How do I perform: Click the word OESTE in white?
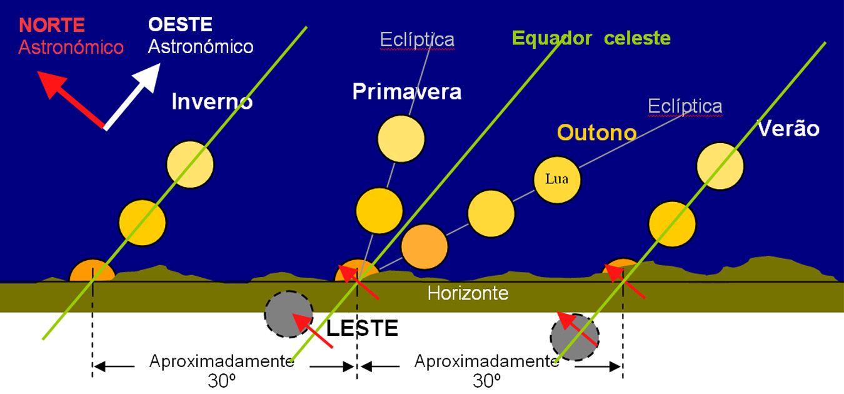pyautogui.click(x=180, y=25)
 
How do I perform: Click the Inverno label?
pyautogui.click(x=212, y=102)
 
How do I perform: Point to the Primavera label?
pyautogui.click(x=407, y=92)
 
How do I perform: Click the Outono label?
pyautogui.click(x=596, y=133)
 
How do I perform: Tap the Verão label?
pyautogui.click(x=788, y=129)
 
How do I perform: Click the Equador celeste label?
pyautogui.click(x=591, y=39)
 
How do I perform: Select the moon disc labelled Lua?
pyautogui.click(x=557, y=179)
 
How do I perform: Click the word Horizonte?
pyautogui.click(x=468, y=293)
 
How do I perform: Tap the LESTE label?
pyautogui.click(x=363, y=328)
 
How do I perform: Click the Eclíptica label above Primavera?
pyautogui.click(x=417, y=40)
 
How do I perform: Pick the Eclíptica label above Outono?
pyautogui.click(x=685, y=106)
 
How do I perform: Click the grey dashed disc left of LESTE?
pyautogui.click(x=288, y=315)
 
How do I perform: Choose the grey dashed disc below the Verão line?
pyautogui.click(x=574, y=338)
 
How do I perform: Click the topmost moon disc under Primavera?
pyautogui.click(x=401, y=139)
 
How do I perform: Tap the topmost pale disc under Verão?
pyautogui.click(x=720, y=166)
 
